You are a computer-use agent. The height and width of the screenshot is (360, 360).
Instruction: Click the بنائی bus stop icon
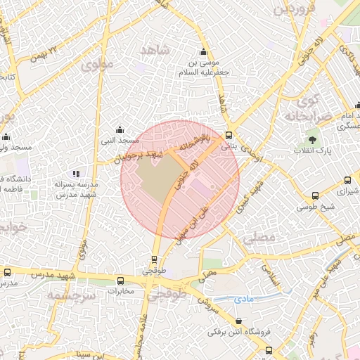[229, 136]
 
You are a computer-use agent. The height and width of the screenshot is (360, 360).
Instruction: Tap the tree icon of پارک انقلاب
[312, 140]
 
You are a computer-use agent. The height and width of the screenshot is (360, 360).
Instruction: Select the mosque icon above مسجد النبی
[120, 130]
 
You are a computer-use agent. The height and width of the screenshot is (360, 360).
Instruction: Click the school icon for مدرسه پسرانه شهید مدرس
[76, 174]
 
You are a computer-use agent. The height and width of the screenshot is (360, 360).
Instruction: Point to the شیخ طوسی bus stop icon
[316, 196]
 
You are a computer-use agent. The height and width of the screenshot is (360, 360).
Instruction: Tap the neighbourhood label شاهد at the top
[155, 50]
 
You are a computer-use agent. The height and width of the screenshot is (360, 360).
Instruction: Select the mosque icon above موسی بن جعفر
[204, 51]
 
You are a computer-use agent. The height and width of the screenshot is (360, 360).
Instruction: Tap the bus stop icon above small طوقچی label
[155, 259]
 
